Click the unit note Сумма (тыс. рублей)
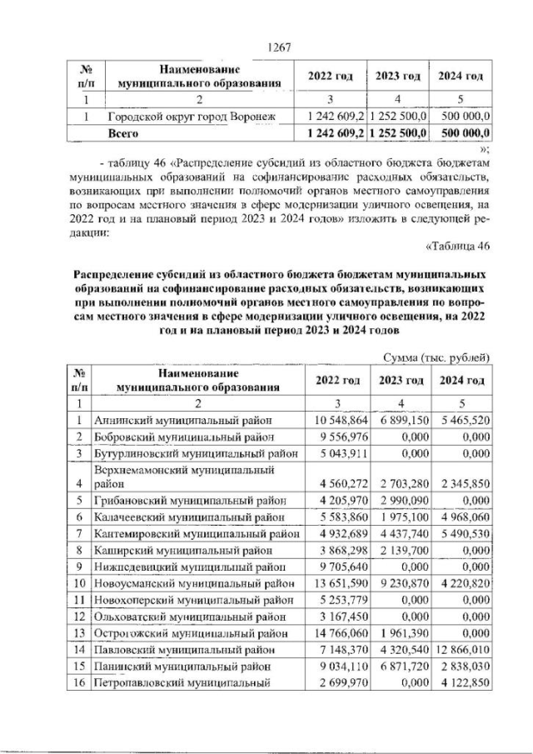click(436, 358)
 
